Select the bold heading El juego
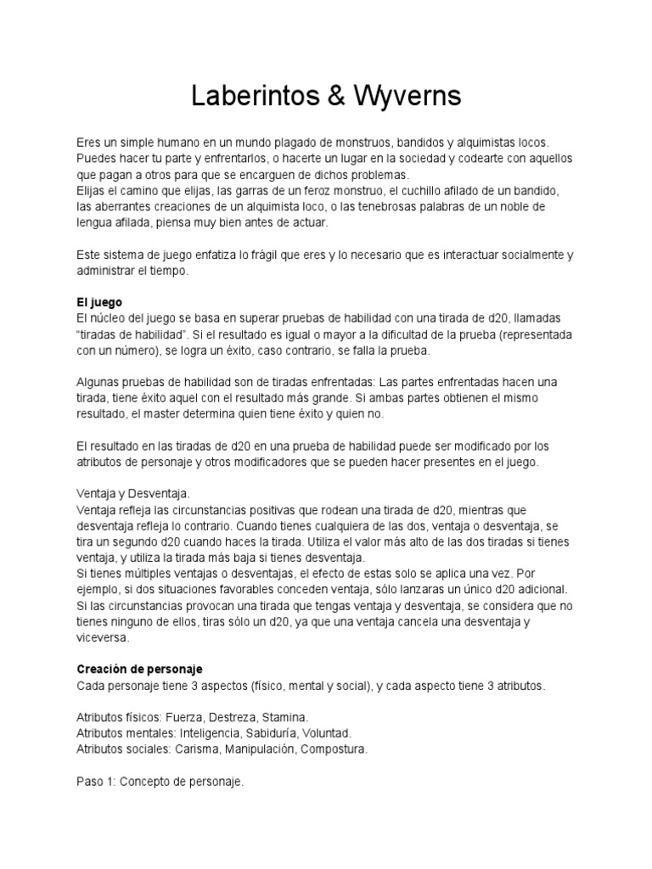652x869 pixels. click(99, 302)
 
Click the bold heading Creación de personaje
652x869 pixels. click(139, 670)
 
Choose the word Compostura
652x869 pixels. click(336, 749)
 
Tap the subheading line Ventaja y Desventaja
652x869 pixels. click(133, 493)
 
